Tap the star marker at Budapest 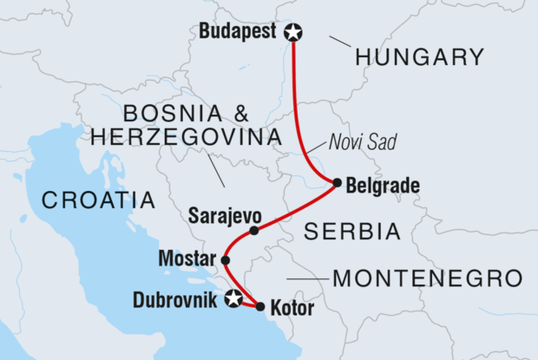(x=293, y=33)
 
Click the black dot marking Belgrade (x=337, y=182)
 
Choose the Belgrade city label (x=382, y=185)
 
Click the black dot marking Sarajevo (x=253, y=231)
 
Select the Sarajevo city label (x=223, y=213)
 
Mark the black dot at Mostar (x=226, y=259)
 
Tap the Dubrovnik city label (x=177, y=301)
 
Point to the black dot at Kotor (x=260, y=306)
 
